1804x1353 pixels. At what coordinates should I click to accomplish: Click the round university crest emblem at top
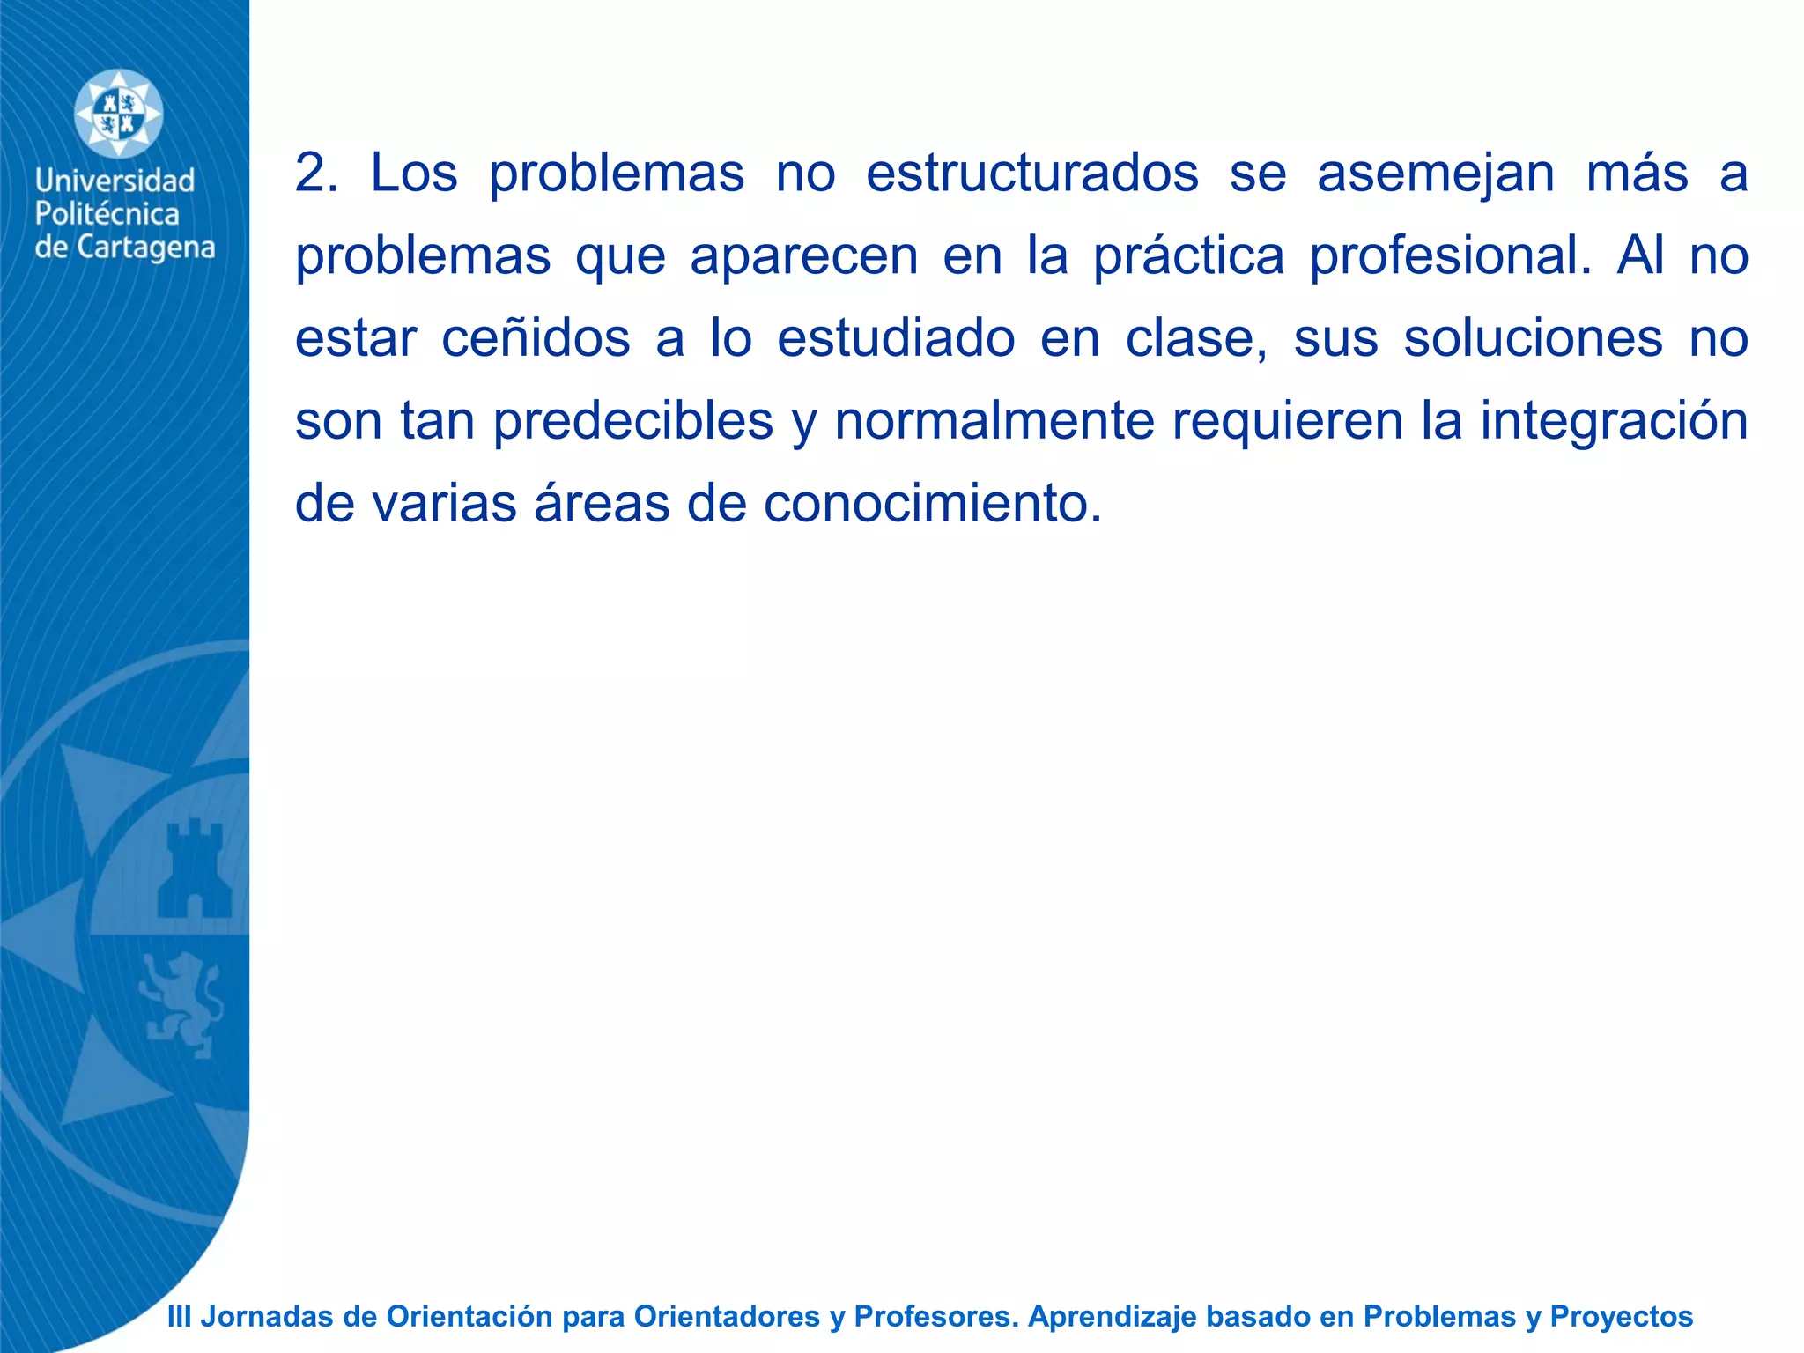(x=118, y=115)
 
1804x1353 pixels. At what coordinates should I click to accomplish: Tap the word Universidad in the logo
(x=115, y=181)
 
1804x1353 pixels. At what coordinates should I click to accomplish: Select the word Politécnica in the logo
(x=107, y=214)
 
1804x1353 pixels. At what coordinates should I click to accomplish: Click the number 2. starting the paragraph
(x=316, y=173)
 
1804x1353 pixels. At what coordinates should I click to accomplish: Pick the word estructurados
(x=1031, y=173)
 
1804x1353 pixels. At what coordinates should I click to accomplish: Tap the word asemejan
(x=1436, y=173)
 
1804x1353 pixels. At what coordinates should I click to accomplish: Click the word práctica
(x=1188, y=255)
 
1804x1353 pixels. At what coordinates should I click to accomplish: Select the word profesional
(x=1449, y=255)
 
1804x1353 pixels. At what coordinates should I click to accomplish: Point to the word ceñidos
(x=536, y=338)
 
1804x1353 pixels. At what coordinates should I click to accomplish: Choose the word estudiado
(x=896, y=338)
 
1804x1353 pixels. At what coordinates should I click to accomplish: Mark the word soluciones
(x=1533, y=338)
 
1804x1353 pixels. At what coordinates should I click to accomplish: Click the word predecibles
(x=632, y=421)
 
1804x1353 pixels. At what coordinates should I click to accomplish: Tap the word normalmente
(x=994, y=421)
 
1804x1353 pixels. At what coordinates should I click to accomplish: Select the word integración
(x=1614, y=421)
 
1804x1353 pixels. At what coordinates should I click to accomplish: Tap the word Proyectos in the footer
(x=1621, y=1317)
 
